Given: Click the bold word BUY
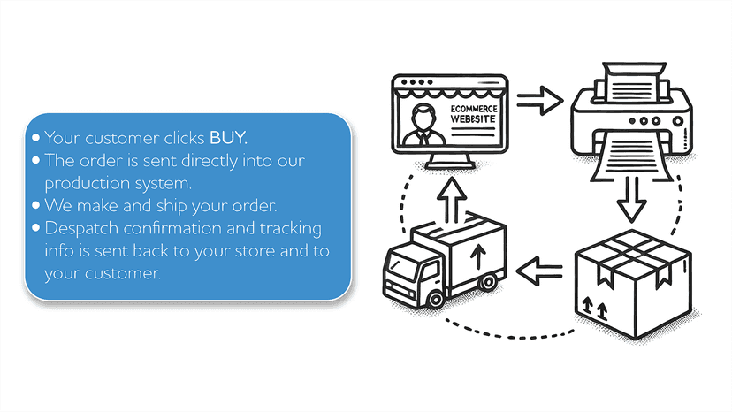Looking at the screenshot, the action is click(228, 138).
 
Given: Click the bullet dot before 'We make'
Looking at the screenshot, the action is click(36, 205).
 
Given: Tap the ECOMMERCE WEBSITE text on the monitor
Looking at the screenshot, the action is click(473, 114).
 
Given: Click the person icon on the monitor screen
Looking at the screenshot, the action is click(423, 125).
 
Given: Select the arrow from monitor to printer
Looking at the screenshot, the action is click(539, 100).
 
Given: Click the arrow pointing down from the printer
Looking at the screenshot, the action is click(631, 199).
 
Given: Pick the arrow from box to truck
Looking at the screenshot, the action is click(539, 271).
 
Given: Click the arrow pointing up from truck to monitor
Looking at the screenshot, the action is click(452, 200).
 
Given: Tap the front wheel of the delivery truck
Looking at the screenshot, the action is click(436, 299).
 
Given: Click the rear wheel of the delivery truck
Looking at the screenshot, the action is click(488, 282).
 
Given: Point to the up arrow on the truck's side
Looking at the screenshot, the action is click(477, 257).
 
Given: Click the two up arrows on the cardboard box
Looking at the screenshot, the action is click(595, 309).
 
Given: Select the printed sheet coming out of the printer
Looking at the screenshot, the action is click(631, 156).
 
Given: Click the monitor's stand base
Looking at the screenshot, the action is click(451, 165).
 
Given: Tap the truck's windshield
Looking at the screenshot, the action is click(402, 268).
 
